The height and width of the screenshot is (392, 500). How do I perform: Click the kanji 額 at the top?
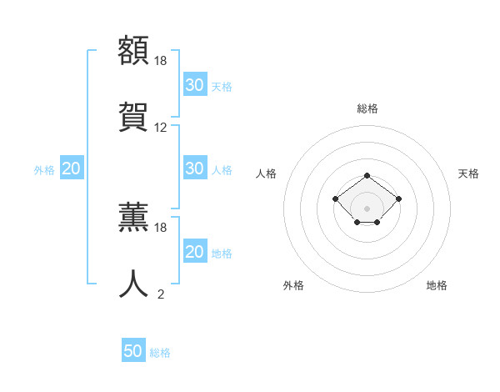(x=134, y=49)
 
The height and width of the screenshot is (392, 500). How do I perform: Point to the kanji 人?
(x=134, y=284)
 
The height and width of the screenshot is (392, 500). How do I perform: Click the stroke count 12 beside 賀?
(x=161, y=128)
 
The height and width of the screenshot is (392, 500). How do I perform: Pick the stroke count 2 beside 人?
(x=161, y=294)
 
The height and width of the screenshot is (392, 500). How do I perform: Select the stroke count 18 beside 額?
(x=161, y=60)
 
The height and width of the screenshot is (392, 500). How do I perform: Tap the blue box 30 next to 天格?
(x=194, y=85)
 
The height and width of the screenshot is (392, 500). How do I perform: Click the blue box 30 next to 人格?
(x=194, y=168)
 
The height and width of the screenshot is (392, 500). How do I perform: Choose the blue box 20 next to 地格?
(x=194, y=252)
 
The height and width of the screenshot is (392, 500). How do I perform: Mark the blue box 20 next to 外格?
(x=72, y=168)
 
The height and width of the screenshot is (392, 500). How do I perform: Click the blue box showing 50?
(x=133, y=351)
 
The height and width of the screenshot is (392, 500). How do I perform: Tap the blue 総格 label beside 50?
(x=160, y=353)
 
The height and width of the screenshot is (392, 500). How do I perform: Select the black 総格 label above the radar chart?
(x=367, y=108)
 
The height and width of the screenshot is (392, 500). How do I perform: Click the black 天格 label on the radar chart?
(x=468, y=173)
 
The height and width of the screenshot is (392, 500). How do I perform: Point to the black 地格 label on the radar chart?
(x=437, y=285)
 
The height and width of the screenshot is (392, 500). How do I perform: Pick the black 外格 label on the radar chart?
(x=293, y=285)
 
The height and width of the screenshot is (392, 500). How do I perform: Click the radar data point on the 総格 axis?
(x=367, y=175)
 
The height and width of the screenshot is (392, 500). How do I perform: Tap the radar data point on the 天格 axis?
(x=399, y=199)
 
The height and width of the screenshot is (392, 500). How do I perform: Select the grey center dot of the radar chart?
(x=367, y=209)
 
